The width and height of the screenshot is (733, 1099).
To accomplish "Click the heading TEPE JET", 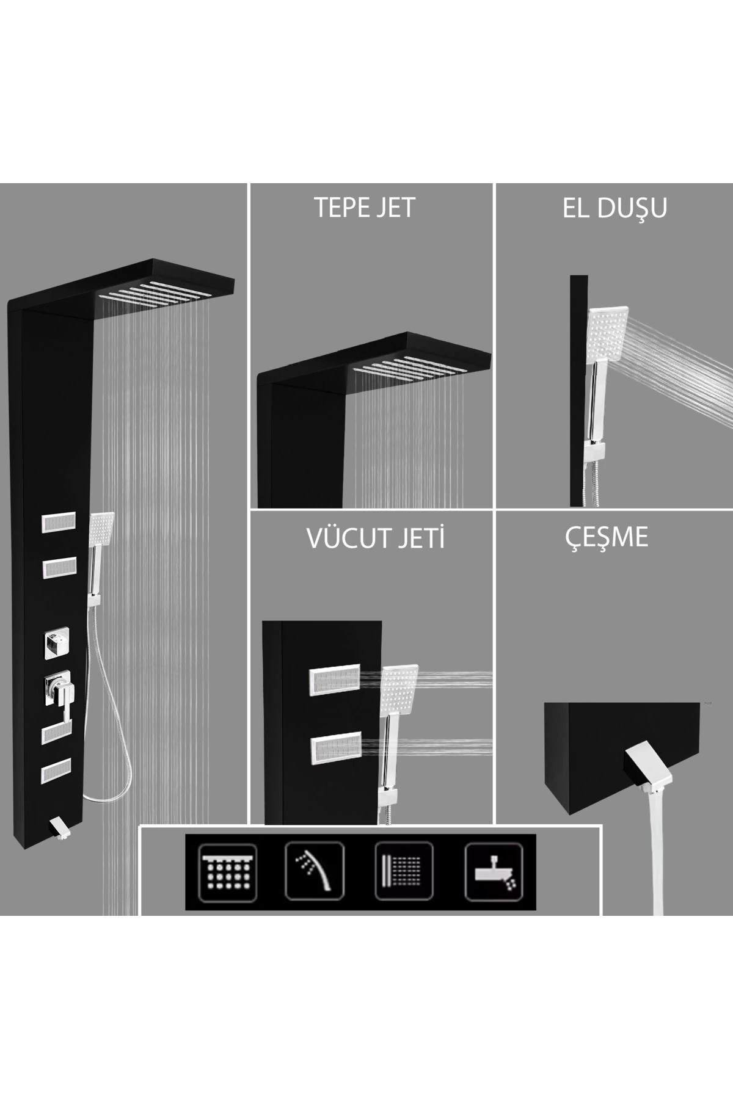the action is (365, 208).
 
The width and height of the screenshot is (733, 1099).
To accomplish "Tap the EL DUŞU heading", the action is (614, 208).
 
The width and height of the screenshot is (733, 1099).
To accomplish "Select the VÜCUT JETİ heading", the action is (376, 539).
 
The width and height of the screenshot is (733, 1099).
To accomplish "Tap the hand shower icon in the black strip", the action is (315, 871).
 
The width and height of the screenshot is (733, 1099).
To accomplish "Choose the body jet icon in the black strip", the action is (404, 871).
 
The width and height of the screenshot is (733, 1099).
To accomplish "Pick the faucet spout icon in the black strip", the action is (494, 871).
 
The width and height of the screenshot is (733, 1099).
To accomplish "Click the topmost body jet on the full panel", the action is (57, 524).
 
